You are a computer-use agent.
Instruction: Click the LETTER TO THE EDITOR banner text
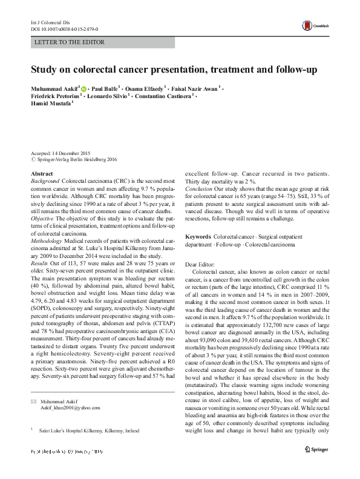(71, 42)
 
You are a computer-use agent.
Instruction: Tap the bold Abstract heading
(41, 174)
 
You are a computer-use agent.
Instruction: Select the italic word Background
(45, 181)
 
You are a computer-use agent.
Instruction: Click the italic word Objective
(44, 216)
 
